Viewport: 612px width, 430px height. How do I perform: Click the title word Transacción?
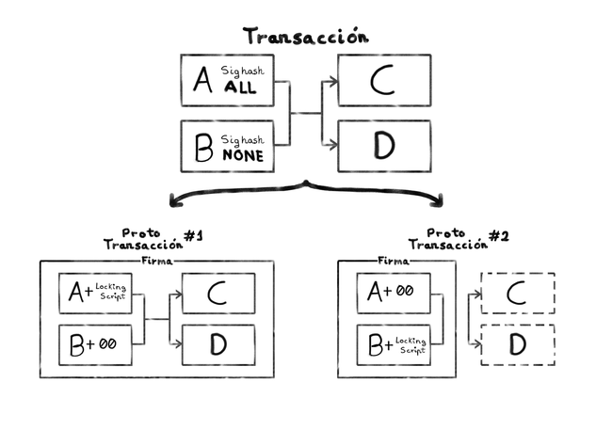pos(306,37)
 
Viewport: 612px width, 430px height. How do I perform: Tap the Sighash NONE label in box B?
pos(243,149)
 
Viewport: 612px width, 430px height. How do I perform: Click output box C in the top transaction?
pos(383,80)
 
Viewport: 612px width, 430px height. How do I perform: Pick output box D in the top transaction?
pos(383,146)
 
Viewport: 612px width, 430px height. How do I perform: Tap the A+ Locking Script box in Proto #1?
pos(96,294)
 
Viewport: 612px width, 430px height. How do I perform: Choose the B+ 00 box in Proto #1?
pos(96,344)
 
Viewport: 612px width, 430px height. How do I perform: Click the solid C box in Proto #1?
pos(217,294)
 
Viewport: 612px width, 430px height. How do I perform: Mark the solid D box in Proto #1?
pos(217,344)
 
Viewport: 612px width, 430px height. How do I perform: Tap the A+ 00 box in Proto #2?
pos(393,294)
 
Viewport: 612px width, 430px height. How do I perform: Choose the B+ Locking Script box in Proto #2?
pos(393,344)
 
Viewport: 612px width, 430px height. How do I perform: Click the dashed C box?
pos(517,294)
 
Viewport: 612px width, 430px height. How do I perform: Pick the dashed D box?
pos(517,344)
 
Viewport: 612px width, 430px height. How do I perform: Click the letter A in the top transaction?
pos(202,81)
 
